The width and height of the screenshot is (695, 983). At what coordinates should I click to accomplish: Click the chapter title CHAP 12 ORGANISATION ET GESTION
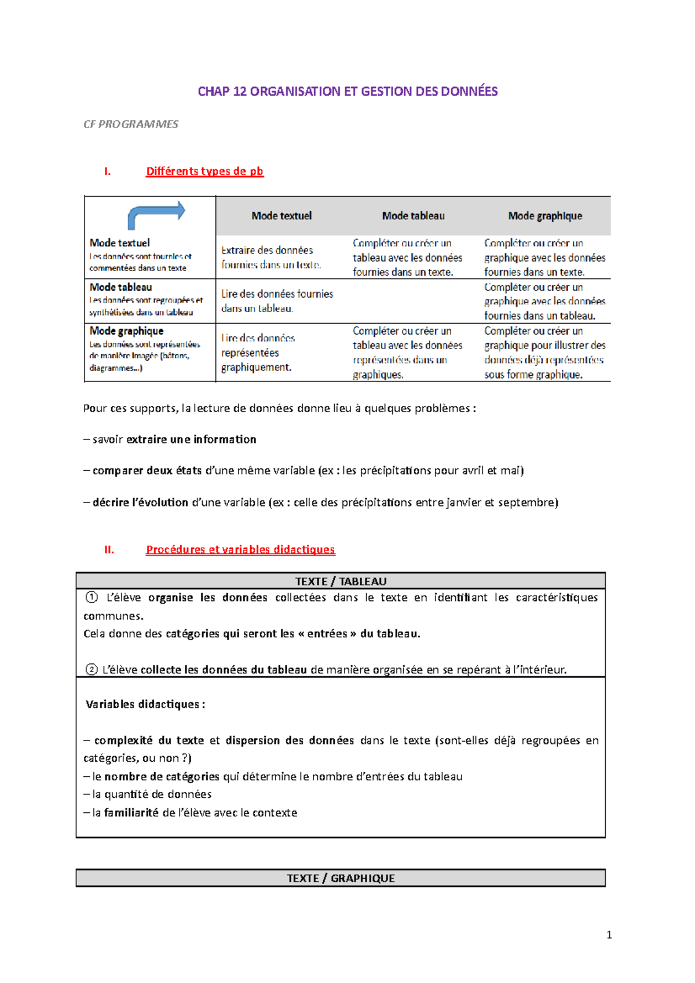pyautogui.click(x=348, y=91)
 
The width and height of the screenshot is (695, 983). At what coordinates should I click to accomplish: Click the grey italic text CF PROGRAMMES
pyautogui.click(x=131, y=124)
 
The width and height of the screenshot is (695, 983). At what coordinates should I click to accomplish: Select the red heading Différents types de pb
pyautogui.click(x=204, y=171)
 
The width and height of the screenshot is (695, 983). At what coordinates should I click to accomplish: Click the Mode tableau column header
pyautogui.click(x=413, y=216)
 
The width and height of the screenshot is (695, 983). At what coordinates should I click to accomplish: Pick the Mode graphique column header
pyautogui.click(x=545, y=216)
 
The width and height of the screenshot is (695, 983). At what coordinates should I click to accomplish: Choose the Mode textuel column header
pyautogui.click(x=281, y=216)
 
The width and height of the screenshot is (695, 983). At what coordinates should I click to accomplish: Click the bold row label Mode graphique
pyautogui.click(x=126, y=331)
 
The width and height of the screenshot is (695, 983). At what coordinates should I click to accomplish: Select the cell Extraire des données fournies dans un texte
pyautogui.click(x=270, y=258)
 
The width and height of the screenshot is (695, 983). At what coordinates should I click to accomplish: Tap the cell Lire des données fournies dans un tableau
pyautogui.click(x=277, y=301)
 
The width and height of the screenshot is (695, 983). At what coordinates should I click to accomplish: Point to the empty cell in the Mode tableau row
pyautogui.click(x=413, y=301)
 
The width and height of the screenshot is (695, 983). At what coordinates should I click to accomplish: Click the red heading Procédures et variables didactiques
pyautogui.click(x=240, y=549)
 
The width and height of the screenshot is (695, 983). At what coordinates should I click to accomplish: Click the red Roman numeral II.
pyautogui.click(x=109, y=550)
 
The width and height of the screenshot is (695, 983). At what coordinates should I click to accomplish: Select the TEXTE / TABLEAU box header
pyautogui.click(x=341, y=581)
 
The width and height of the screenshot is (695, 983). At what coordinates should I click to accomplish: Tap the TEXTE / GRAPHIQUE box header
pyautogui.click(x=341, y=878)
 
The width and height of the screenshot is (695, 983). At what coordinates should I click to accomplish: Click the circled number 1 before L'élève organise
pyautogui.click(x=92, y=597)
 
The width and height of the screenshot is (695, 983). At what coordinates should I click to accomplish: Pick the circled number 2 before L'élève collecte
pyautogui.click(x=92, y=670)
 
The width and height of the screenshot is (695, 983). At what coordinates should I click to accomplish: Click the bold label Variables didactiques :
pyautogui.click(x=145, y=705)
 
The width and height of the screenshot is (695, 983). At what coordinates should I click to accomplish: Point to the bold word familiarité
pyautogui.click(x=131, y=813)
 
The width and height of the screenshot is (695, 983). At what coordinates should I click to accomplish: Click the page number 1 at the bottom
pyautogui.click(x=609, y=935)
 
